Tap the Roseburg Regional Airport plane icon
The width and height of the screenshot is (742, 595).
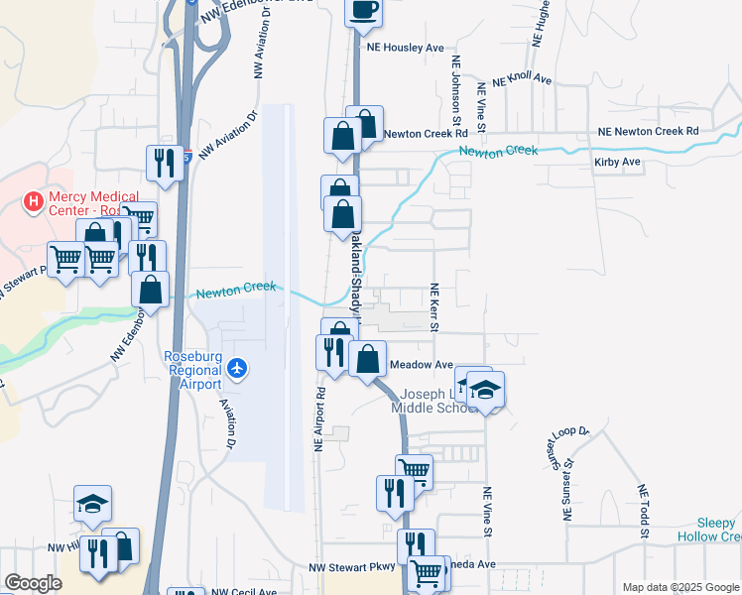click(x=236, y=369)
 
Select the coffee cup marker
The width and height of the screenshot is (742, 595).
click(x=363, y=10)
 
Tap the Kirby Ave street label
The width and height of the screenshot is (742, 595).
click(x=617, y=162)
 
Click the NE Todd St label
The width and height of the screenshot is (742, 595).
click(x=643, y=512)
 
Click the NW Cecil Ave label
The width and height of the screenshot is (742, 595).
click(x=242, y=591)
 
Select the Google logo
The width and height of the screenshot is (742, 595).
click(x=33, y=583)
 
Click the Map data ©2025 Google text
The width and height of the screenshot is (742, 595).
click(x=680, y=587)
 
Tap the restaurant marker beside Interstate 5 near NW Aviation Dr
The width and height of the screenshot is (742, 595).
click(x=164, y=162)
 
